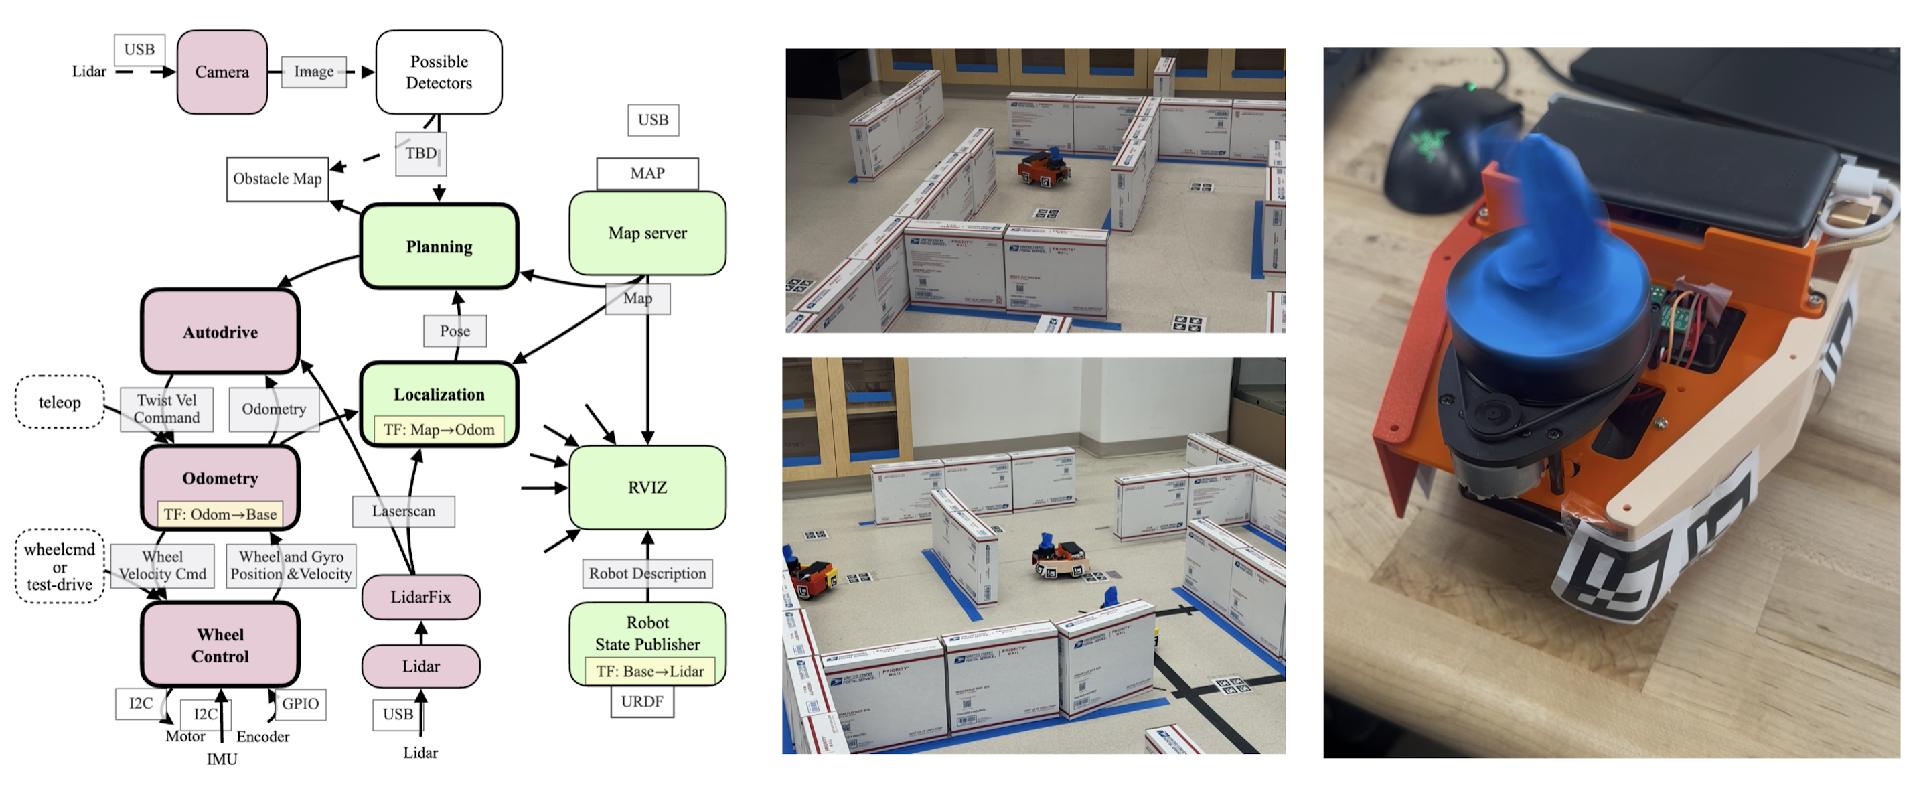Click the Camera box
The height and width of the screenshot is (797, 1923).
pyautogui.click(x=222, y=72)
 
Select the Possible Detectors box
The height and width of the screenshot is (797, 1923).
pyautogui.click(x=439, y=72)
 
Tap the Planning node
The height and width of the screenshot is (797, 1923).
pyautogui.click(x=439, y=246)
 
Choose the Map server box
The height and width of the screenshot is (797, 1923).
pyautogui.click(x=647, y=233)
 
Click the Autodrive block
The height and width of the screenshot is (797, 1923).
pyautogui.click(x=220, y=332)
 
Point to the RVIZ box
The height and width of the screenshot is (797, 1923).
pyautogui.click(x=647, y=487)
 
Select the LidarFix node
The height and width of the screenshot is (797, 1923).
pyautogui.click(x=420, y=597)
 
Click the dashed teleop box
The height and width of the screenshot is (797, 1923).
pyautogui.click(x=60, y=402)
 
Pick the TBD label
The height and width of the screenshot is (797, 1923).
pyautogui.click(x=421, y=154)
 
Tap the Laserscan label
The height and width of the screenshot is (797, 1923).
pyautogui.click(x=403, y=512)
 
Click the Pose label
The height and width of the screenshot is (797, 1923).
pyautogui.click(x=455, y=331)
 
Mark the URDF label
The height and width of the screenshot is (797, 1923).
pyautogui.click(x=642, y=701)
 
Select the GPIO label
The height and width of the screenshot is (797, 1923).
pyautogui.click(x=300, y=704)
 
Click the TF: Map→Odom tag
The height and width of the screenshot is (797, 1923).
pyautogui.click(x=439, y=429)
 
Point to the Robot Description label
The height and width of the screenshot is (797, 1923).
pyautogui.click(x=647, y=573)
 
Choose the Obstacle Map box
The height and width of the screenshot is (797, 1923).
pyautogui.click(x=277, y=179)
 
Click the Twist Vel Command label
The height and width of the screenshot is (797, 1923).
pyautogui.click(x=167, y=409)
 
